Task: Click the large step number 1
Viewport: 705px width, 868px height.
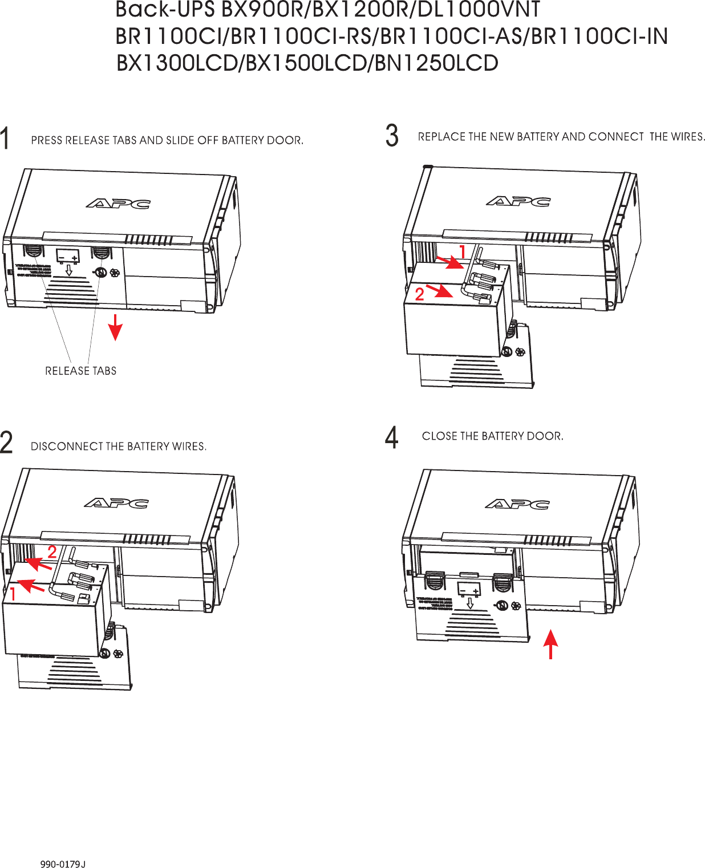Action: click(5, 139)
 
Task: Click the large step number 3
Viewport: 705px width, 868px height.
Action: click(392, 136)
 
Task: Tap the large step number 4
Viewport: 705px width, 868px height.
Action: click(391, 438)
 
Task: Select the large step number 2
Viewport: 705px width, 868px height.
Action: click(6, 443)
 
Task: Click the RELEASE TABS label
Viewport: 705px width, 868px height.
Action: click(80, 371)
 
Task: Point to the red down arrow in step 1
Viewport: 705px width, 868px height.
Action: click(116, 327)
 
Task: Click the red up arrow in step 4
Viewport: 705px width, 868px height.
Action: click(550, 644)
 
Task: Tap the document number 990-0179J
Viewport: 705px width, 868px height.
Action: click(63, 864)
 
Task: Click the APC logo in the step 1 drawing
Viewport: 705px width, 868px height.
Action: click(119, 203)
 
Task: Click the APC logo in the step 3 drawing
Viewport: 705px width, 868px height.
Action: click(518, 201)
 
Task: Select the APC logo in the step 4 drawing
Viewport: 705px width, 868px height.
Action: click(517, 504)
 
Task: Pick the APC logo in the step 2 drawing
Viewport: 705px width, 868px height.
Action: click(116, 502)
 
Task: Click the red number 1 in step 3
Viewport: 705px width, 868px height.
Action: click(463, 251)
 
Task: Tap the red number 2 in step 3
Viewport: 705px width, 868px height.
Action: click(420, 294)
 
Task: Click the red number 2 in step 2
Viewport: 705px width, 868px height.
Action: click(52, 552)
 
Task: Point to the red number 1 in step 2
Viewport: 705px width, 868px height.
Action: click(12, 594)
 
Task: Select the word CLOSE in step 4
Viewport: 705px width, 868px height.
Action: click(440, 436)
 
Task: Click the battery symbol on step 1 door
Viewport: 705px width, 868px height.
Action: click(68, 256)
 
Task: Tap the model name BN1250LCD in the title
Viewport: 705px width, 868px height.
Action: click(436, 63)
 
